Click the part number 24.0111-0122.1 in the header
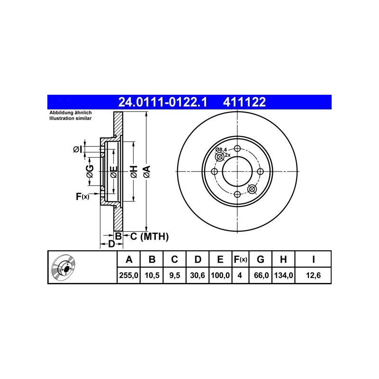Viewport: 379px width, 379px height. (x=162, y=102)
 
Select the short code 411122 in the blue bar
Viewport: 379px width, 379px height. (x=244, y=102)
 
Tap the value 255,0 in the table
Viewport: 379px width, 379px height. (x=128, y=275)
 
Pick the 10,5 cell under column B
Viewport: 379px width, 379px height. (x=152, y=275)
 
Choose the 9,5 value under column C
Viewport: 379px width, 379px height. (x=174, y=275)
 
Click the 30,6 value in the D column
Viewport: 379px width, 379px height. (x=198, y=275)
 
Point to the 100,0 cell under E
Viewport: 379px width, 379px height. (x=220, y=275)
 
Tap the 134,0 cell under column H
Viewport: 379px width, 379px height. (x=283, y=275)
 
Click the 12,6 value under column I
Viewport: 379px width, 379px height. (x=314, y=275)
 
